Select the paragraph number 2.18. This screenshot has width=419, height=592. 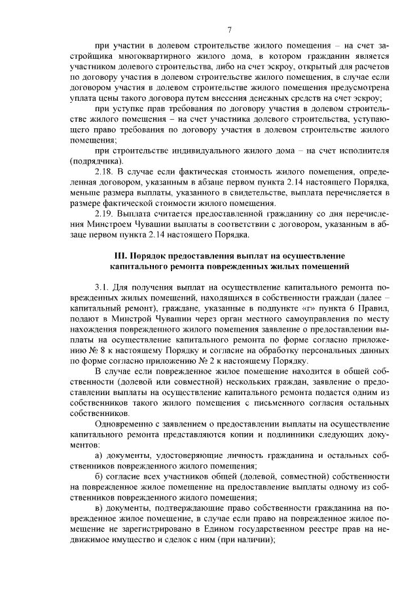105,171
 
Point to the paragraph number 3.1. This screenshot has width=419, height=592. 103,288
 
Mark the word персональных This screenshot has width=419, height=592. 335,351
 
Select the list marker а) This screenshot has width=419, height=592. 99,457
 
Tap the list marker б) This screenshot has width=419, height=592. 99,479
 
